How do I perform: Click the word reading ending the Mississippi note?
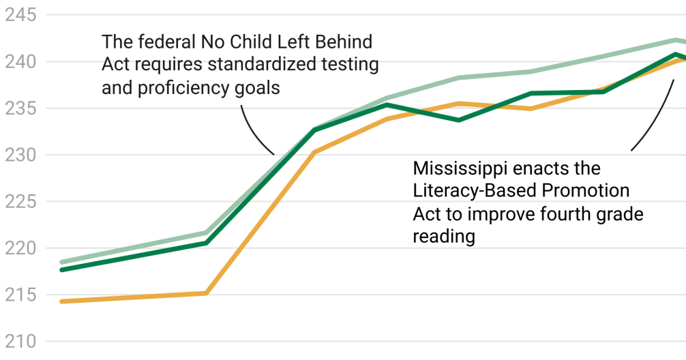click(x=443, y=237)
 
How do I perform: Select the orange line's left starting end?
click(x=62, y=301)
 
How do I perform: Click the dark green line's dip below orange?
click(x=458, y=120)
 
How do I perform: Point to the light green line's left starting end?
click(x=62, y=262)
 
